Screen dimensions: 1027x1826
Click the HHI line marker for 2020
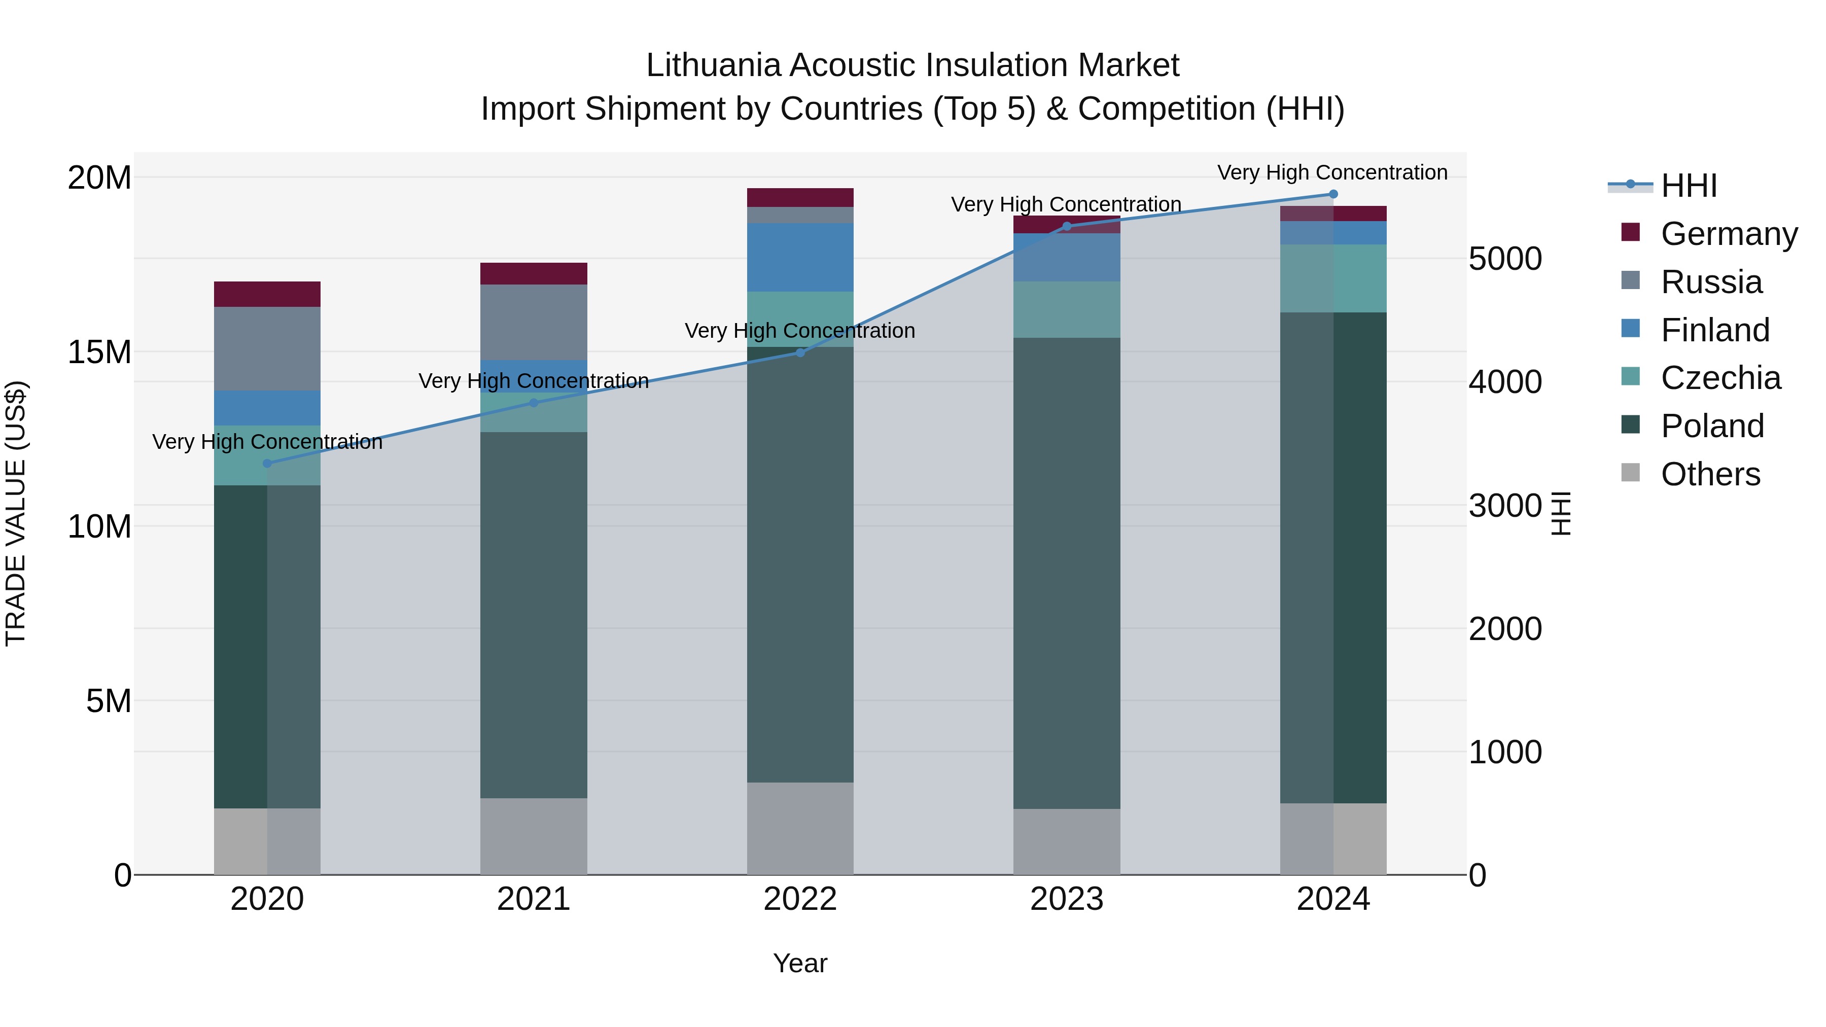coord(267,464)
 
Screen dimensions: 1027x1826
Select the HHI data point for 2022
coord(800,352)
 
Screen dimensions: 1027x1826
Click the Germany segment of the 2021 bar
coord(534,273)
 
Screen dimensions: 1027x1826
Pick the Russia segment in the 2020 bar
coord(267,349)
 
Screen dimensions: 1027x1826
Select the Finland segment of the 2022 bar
coord(800,257)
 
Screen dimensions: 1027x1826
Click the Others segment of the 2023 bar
coord(1067,841)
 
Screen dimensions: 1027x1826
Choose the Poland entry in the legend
coord(1712,426)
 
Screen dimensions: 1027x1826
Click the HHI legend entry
coord(1689,186)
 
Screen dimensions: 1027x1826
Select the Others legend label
coord(1710,474)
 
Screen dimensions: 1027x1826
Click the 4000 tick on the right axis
coord(1505,382)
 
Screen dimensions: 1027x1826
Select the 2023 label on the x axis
coord(1067,899)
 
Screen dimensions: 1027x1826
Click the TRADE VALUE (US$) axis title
coord(16,513)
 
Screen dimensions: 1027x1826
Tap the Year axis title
coord(800,963)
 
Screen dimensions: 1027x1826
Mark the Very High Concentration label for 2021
coord(534,381)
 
